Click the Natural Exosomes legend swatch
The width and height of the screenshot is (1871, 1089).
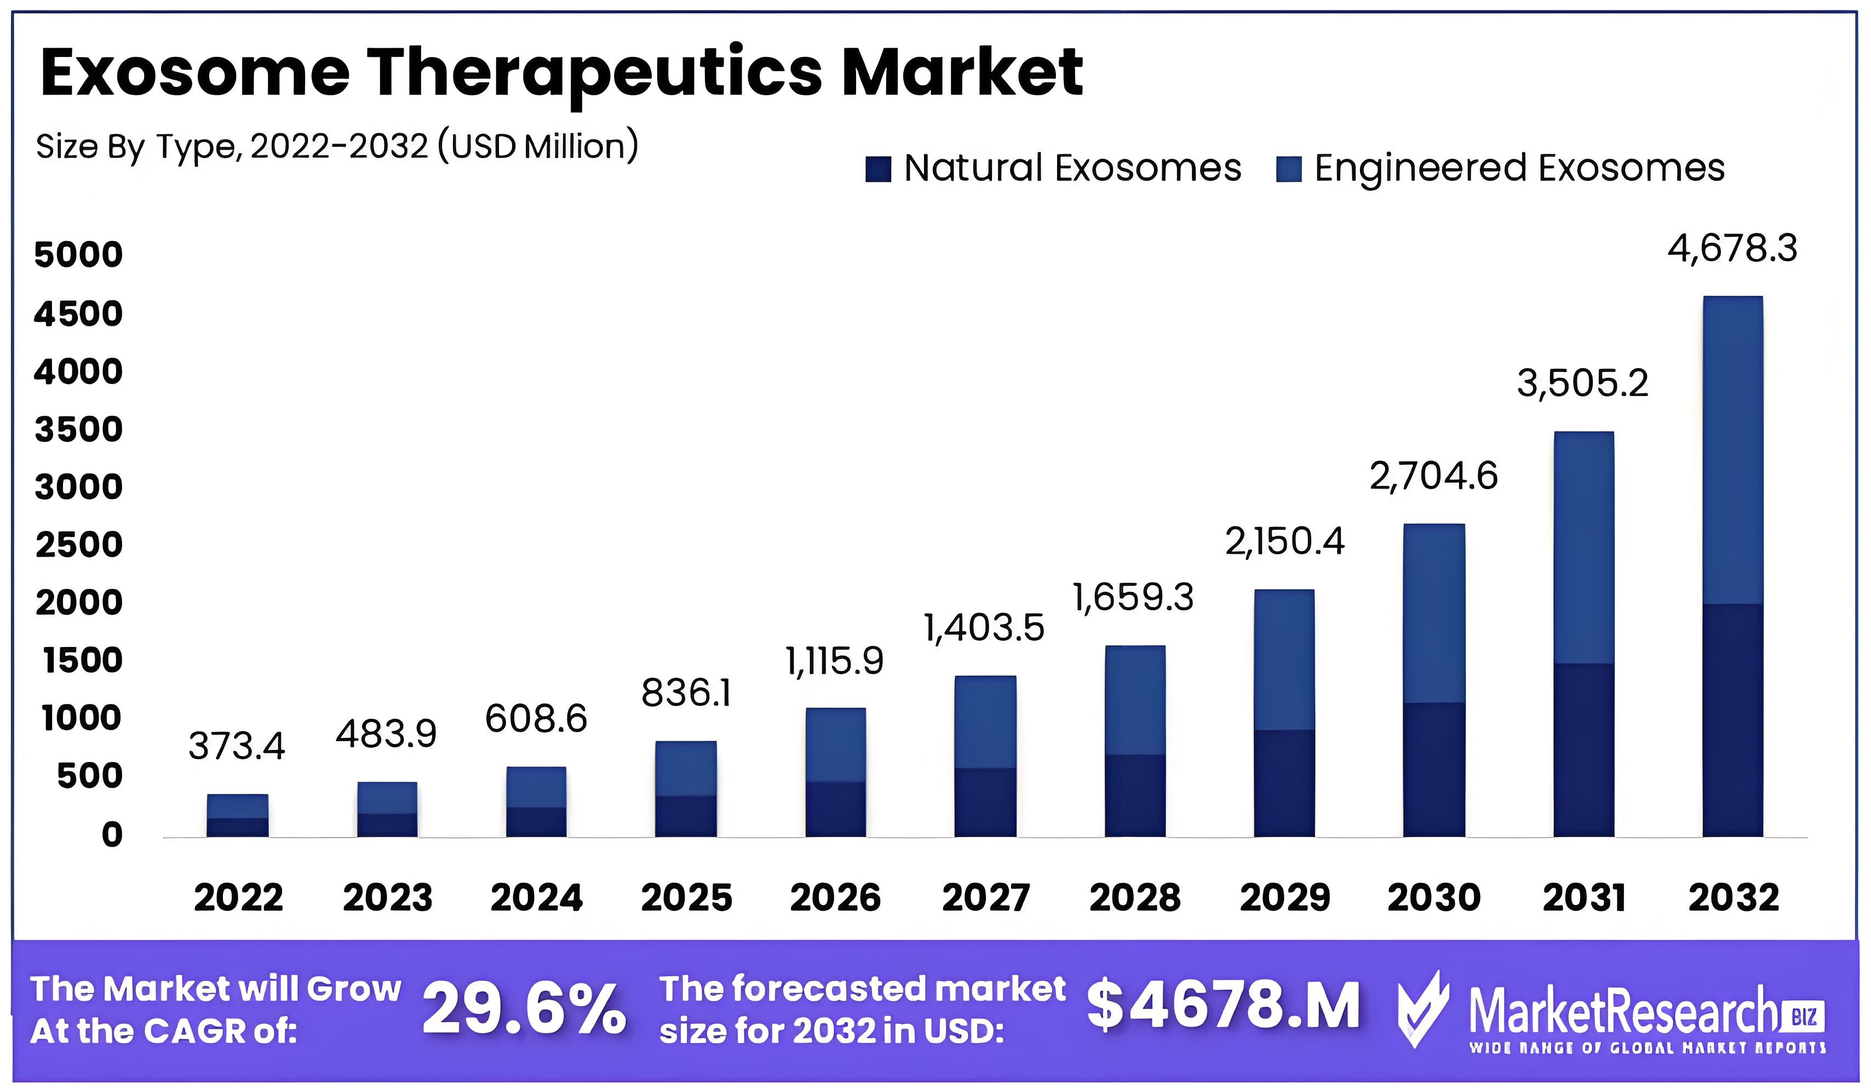877,169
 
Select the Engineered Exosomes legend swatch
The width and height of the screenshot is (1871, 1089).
1288,169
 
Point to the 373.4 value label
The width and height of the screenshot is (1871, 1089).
236,746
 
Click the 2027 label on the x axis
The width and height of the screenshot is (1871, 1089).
985,897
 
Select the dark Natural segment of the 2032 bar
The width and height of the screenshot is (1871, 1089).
1732,720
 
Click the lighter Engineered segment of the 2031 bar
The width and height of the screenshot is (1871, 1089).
1583,548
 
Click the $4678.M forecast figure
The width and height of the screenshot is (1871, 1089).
1223,1005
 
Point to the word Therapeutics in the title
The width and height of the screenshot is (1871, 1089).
594,73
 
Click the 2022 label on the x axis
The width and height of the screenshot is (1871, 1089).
238,897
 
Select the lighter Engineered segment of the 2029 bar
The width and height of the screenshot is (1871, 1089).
1284,660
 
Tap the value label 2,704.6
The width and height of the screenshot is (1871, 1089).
1433,477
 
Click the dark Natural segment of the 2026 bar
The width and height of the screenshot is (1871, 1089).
835,809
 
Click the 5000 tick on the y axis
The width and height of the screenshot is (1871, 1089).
79,255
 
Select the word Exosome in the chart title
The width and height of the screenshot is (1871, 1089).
194,73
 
